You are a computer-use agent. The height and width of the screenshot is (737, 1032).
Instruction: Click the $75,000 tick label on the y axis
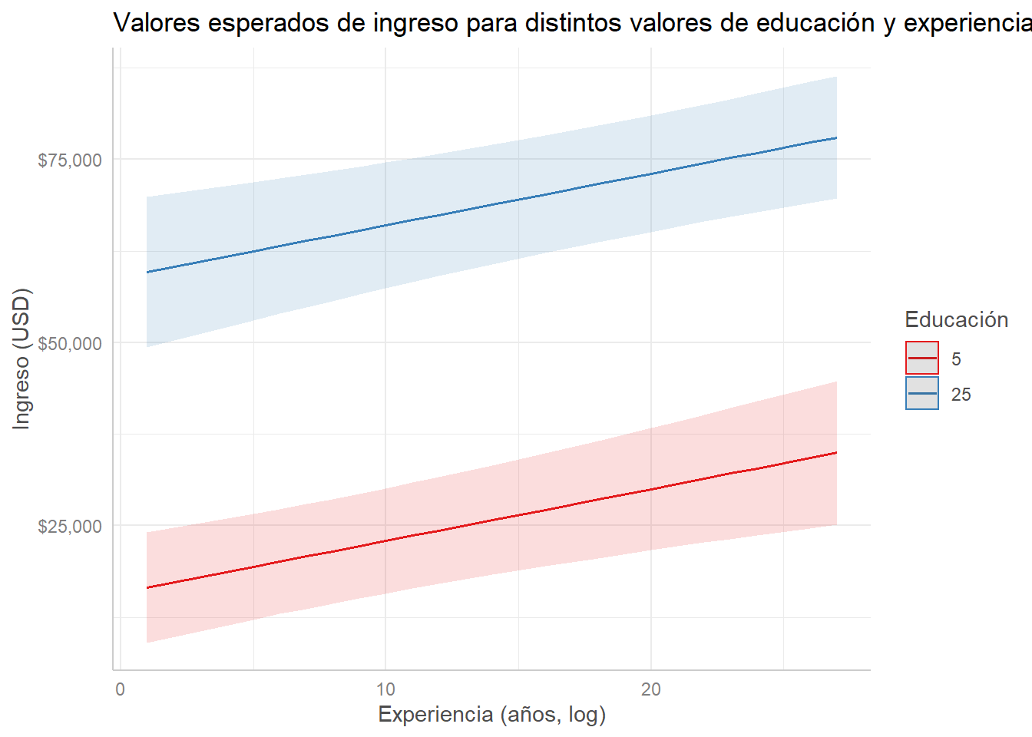pyautogui.click(x=70, y=160)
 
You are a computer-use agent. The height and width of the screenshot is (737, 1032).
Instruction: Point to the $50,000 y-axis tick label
pyautogui.click(x=70, y=343)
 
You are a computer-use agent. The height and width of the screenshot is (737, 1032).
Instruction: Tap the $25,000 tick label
pyautogui.click(x=70, y=527)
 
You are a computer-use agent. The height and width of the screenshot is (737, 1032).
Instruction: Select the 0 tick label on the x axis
pyautogui.click(x=120, y=689)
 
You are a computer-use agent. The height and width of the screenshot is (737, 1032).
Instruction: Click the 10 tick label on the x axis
pyautogui.click(x=385, y=689)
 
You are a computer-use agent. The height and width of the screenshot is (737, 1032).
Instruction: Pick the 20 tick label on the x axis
pyautogui.click(x=650, y=689)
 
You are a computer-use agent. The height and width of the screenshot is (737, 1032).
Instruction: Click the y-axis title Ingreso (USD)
pyautogui.click(x=21, y=359)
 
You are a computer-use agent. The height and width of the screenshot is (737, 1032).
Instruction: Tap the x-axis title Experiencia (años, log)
pyautogui.click(x=491, y=715)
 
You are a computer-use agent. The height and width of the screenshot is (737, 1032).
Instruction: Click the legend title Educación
pyautogui.click(x=956, y=319)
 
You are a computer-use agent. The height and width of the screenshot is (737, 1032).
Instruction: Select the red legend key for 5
pyautogui.click(x=921, y=358)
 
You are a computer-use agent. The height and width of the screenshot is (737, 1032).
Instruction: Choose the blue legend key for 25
pyautogui.click(x=921, y=393)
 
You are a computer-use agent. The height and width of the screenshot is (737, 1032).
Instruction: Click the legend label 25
pyautogui.click(x=961, y=395)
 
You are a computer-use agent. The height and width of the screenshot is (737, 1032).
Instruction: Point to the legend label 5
pyautogui.click(x=956, y=359)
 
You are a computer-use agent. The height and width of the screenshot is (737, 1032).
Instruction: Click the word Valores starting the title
pyautogui.click(x=157, y=23)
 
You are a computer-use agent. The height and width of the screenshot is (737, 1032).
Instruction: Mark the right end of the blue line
pyautogui.click(x=836, y=137)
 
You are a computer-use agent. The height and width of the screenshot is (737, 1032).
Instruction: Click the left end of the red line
pyautogui.click(x=147, y=588)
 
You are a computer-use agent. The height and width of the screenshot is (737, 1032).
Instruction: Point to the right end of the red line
pyautogui.click(x=836, y=453)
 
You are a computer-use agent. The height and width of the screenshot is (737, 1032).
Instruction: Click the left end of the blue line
pyautogui.click(x=147, y=272)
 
